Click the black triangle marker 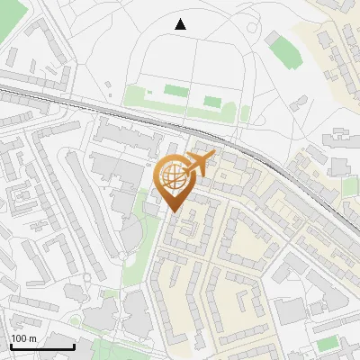(180, 24)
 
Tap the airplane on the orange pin (200, 163)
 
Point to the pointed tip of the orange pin (174, 211)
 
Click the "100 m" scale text (23, 338)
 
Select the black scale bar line (42, 346)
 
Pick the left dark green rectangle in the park (174, 90)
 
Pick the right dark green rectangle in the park (212, 101)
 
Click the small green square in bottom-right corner (326, 344)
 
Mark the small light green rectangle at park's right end (246, 113)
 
